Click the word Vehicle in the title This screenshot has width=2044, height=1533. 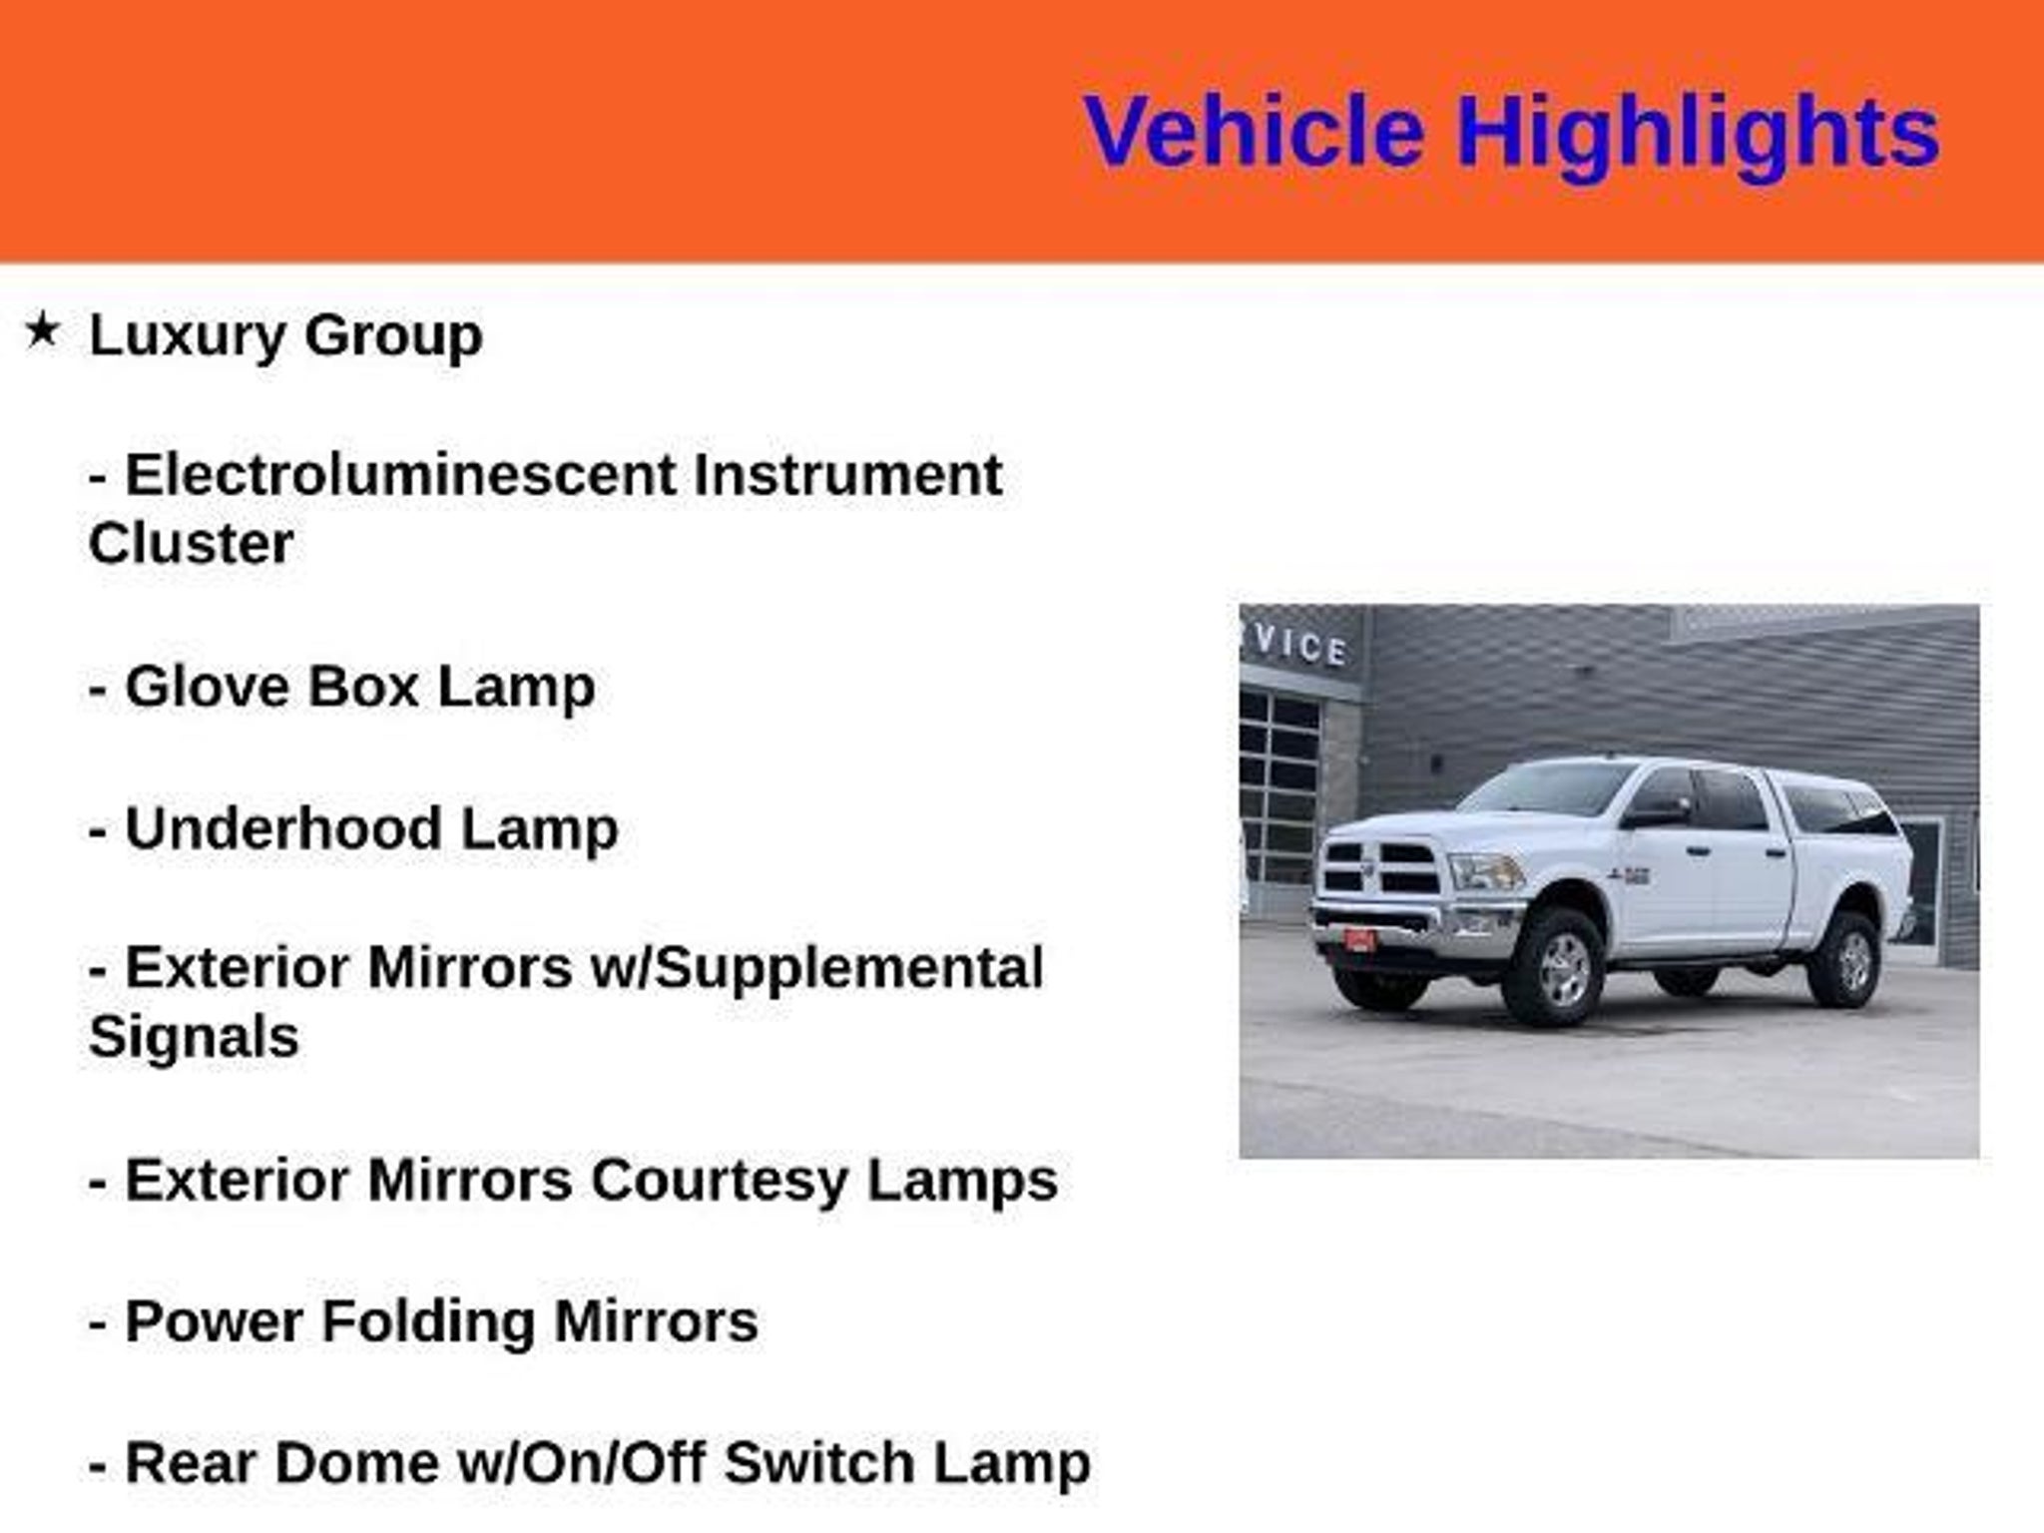[1254, 131]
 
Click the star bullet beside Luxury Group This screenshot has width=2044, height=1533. [42, 329]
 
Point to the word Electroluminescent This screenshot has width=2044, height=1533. [400, 474]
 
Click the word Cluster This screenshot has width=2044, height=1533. [191, 544]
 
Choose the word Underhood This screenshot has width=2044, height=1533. [283, 828]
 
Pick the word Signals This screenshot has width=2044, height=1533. [194, 1037]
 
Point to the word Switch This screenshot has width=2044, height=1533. [817, 1464]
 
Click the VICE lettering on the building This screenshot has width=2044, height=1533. [1299, 646]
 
